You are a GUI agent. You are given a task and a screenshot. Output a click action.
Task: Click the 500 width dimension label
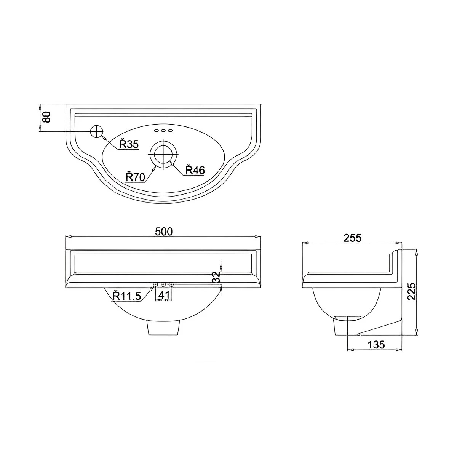tap(164, 231)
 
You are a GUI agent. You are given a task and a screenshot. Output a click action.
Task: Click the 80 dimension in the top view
tap(46, 117)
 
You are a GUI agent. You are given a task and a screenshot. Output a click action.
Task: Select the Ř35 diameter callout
tap(128, 144)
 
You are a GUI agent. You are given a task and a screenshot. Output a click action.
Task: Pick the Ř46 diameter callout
tap(195, 170)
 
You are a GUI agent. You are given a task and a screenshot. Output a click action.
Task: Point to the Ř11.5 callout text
tap(127, 295)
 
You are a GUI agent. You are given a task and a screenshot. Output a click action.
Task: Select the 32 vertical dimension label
tap(216, 277)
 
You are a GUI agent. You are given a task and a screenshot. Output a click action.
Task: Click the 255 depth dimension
tap(352, 238)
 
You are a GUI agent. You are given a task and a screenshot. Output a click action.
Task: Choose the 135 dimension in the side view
tap(376, 345)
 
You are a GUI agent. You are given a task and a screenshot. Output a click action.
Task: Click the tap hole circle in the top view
tap(97, 131)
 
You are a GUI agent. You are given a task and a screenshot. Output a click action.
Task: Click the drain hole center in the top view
tap(164, 153)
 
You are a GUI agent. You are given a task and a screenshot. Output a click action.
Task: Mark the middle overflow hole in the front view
tap(163, 284)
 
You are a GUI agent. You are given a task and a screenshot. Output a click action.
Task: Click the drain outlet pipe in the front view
tap(163, 328)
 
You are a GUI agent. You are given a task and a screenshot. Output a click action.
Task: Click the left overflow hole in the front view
tap(155, 284)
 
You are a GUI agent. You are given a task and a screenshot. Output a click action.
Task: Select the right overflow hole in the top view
tap(170, 131)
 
